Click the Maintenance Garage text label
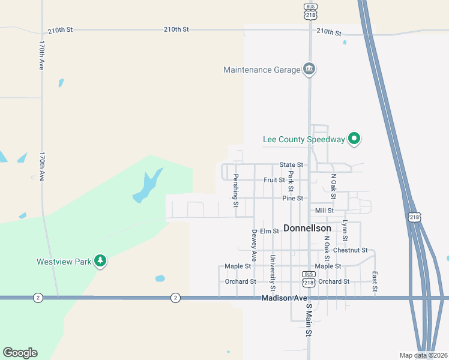click(x=261, y=70)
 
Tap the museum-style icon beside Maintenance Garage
click(x=309, y=70)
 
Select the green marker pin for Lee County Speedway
click(x=354, y=139)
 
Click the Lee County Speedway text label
click(x=304, y=140)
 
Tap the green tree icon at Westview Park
click(x=101, y=262)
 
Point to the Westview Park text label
click(x=64, y=262)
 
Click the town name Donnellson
click(x=307, y=229)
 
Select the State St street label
click(x=291, y=165)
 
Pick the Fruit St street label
click(x=274, y=180)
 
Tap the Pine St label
click(x=292, y=198)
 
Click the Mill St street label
click(x=324, y=211)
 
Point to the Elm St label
click(x=270, y=231)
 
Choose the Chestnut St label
click(x=350, y=250)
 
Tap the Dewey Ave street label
click(x=255, y=245)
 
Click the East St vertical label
click(x=374, y=281)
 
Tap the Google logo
click(x=20, y=353)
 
